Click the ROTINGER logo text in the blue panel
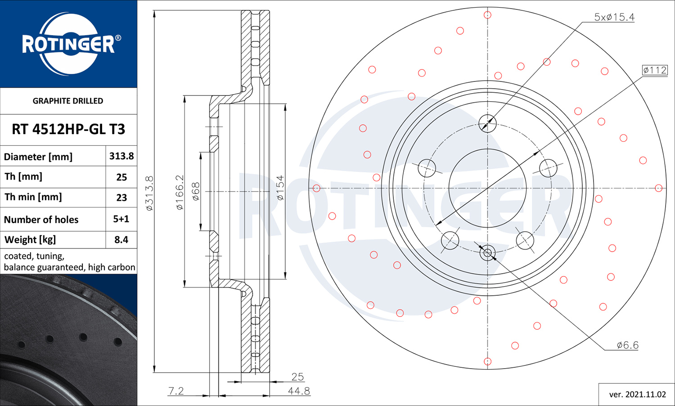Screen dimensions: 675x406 pos(68,44)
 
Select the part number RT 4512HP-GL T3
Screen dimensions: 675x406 pos(68,129)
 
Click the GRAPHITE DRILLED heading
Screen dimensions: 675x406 pos(68,101)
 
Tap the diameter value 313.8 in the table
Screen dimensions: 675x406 pos(121,156)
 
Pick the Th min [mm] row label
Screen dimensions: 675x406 pos(33,197)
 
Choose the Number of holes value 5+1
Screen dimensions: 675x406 pos(121,219)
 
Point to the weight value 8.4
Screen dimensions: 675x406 pos(121,239)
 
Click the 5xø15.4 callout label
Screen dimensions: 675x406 pos(614,17)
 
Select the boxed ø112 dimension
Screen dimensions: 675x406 pos(655,70)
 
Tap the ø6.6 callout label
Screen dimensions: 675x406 pos(627,345)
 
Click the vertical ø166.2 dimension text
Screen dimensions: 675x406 pos(180,192)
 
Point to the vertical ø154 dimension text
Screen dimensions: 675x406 pos(280,188)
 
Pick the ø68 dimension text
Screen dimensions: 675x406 pos(196,191)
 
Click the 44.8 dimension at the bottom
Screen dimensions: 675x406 pos(299,391)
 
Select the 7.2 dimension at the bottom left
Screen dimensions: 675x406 pos(176,391)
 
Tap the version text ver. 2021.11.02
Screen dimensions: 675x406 pos(637,395)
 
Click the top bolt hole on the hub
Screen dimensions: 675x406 pos(487,123)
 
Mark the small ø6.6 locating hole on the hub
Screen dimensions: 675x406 pos(487,253)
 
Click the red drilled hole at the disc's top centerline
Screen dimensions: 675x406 pos(487,15)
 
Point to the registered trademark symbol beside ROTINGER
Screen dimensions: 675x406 pos(118,38)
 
